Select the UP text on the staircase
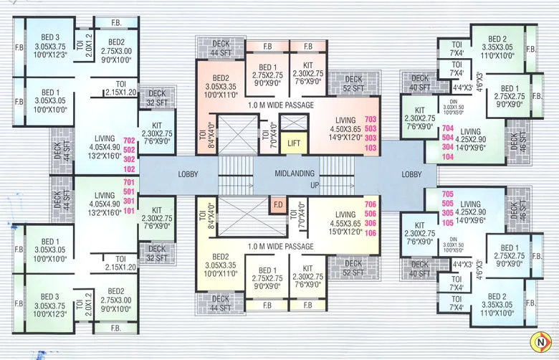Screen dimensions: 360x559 314,184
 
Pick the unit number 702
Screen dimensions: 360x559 129,141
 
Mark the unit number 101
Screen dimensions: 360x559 129,211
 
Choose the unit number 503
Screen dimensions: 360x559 371,128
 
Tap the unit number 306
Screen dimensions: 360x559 371,223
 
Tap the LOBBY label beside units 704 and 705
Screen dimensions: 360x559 411,174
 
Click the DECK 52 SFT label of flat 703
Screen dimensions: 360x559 353,84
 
